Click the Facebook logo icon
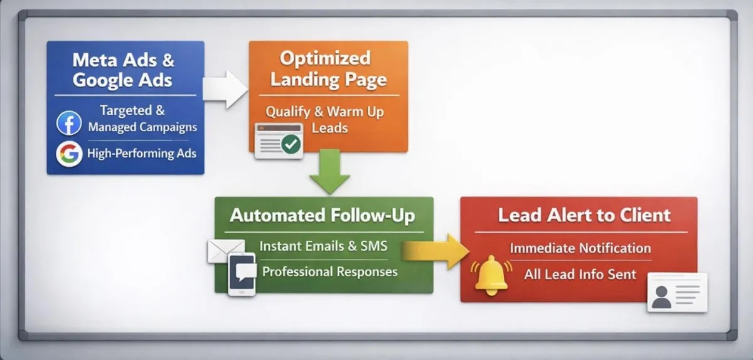tap(69, 123)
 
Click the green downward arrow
tap(329, 171)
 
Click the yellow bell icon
tap(491, 276)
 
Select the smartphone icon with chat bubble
tap(242, 274)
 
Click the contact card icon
tap(676, 292)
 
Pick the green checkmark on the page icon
tap(291, 145)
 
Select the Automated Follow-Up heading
tap(323, 216)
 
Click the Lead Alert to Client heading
tap(584, 215)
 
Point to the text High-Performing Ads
tap(142, 154)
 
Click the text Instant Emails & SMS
tap(323, 246)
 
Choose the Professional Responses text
tap(329, 272)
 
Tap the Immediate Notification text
tap(580, 248)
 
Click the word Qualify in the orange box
tap(288, 112)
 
